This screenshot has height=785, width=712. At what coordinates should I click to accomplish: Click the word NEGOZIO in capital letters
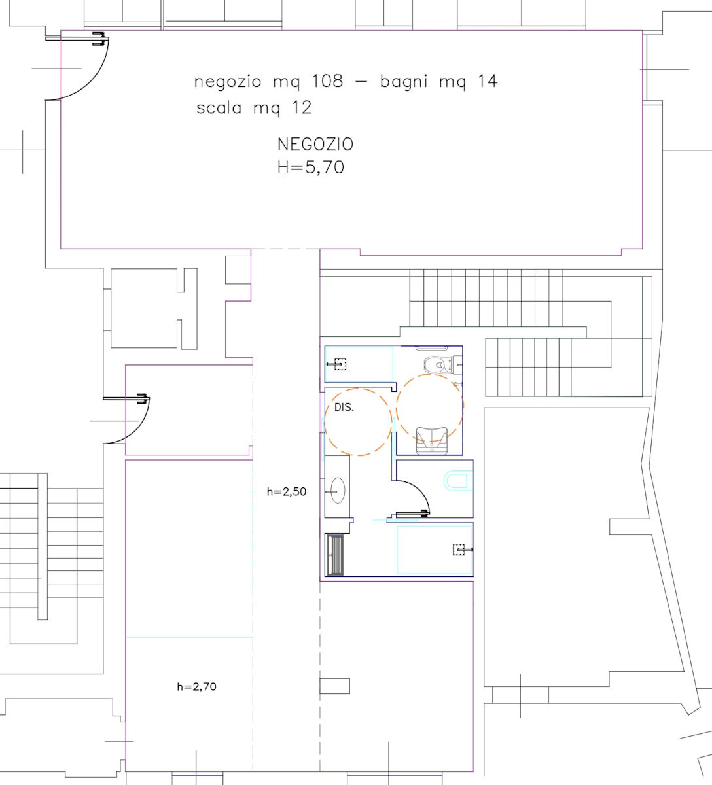click(x=315, y=145)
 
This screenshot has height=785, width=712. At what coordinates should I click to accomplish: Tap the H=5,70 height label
click(x=311, y=167)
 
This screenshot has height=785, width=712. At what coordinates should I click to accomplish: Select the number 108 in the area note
click(x=327, y=81)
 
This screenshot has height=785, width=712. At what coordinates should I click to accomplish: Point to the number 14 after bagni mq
click(x=487, y=81)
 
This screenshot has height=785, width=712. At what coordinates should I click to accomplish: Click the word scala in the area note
click(x=219, y=108)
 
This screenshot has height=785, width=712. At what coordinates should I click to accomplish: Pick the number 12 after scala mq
click(x=302, y=108)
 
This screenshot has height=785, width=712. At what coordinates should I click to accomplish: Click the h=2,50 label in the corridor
click(x=286, y=491)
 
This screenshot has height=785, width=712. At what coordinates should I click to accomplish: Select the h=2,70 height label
click(x=196, y=686)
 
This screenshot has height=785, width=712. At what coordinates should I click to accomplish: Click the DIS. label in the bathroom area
click(x=344, y=408)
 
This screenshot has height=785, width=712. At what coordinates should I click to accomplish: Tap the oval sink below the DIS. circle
click(x=338, y=491)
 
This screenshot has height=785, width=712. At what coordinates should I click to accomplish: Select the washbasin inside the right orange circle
click(x=431, y=440)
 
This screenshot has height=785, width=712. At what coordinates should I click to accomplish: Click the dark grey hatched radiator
click(x=335, y=555)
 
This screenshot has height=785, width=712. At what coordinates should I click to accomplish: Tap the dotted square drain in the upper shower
click(x=340, y=364)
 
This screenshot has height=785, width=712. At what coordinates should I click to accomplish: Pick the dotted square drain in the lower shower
click(x=458, y=549)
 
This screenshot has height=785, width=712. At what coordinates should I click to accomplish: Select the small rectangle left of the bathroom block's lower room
click(x=335, y=686)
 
